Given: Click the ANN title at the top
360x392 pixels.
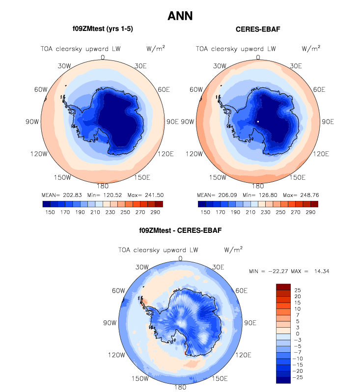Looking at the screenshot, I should (180, 16).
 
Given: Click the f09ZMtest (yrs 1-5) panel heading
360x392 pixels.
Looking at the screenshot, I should (103, 29).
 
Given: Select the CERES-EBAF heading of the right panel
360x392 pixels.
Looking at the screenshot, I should (258, 29).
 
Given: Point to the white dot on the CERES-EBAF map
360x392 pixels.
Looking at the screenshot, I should (258, 121).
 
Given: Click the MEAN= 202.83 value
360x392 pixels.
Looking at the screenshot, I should (63, 194).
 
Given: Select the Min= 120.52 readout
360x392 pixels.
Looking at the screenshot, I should (102, 194).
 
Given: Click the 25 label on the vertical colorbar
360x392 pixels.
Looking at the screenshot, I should (298, 290).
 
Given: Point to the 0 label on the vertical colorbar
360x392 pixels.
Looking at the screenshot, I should (296, 334).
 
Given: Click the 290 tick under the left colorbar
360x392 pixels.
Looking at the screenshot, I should (156, 212).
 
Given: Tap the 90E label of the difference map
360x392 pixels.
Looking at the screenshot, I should (251, 323).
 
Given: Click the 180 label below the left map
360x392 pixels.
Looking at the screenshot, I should (103, 186).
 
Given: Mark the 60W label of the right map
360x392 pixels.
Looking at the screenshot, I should (196, 90).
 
